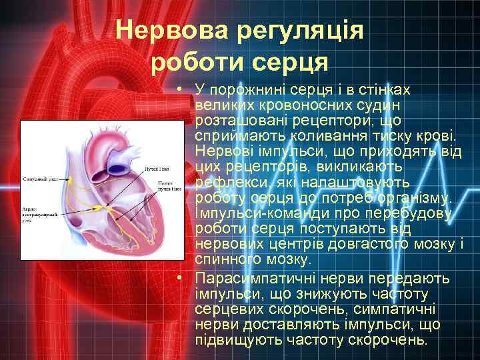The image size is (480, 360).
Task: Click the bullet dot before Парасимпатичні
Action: click(x=181, y=278)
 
